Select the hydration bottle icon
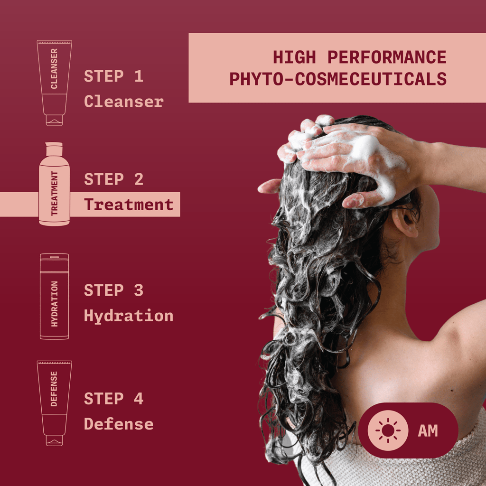[x=54, y=296]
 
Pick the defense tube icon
[x=54, y=402]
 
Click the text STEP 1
[x=113, y=76]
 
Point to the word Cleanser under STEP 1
[x=124, y=101]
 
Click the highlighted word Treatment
[x=129, y=205]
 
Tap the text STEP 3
[x=113, y=290]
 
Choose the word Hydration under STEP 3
[x=129, y=316]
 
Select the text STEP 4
[x=113, y=399]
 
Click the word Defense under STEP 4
[x=119, y=424]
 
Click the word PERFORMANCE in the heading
[x=387, y=57]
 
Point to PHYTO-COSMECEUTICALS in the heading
[x=338, y=79]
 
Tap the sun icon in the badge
[x=388, y=430]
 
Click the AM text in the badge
[x=428, y=431]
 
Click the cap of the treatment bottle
[x=54, y=149]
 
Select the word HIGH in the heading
[x=294, y=57]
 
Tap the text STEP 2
[x=113, y=179]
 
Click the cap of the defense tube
[x=54, y=440]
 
